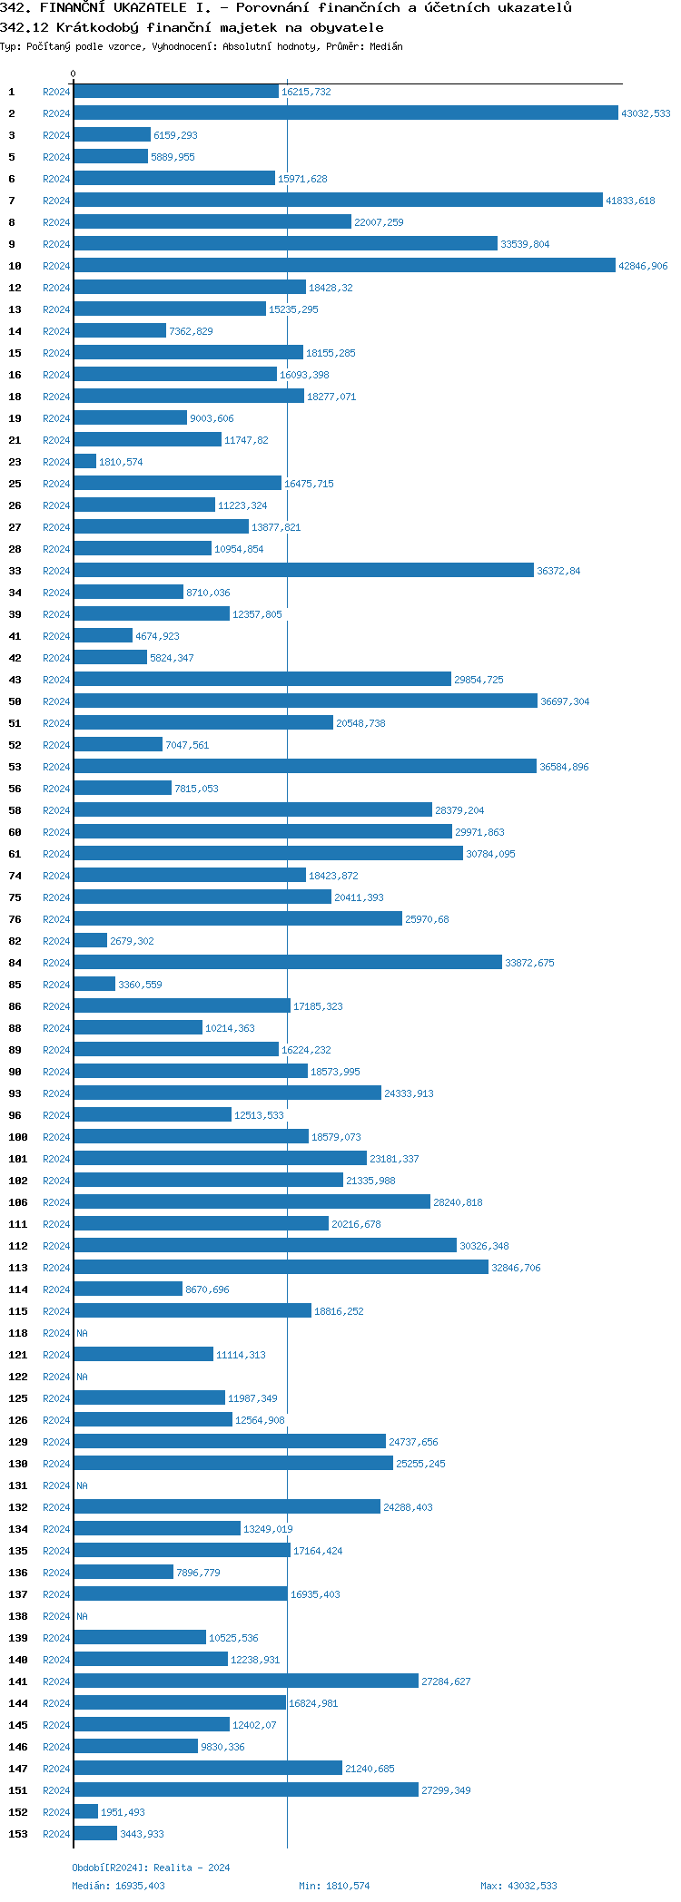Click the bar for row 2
coord(345,113)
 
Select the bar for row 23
coord(84,462)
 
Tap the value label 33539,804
coord(525,244)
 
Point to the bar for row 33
coord(303,571)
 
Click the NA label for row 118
coord(82,1333)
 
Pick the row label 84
coord(15,963)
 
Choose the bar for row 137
coord(180,1594)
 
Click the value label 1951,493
coord(123,1812)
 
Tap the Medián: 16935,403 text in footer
coord(118,1886)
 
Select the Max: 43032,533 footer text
coord(518,1886)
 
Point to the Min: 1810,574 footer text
coord(334,1886)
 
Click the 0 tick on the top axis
coord(74,74)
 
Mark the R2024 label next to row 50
coord(56,701)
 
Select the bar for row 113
coord(281,1268)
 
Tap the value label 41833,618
coord(630,201)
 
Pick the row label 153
coord(18,1834)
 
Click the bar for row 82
coord(90,941)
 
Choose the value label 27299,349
coord(446,1790)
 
